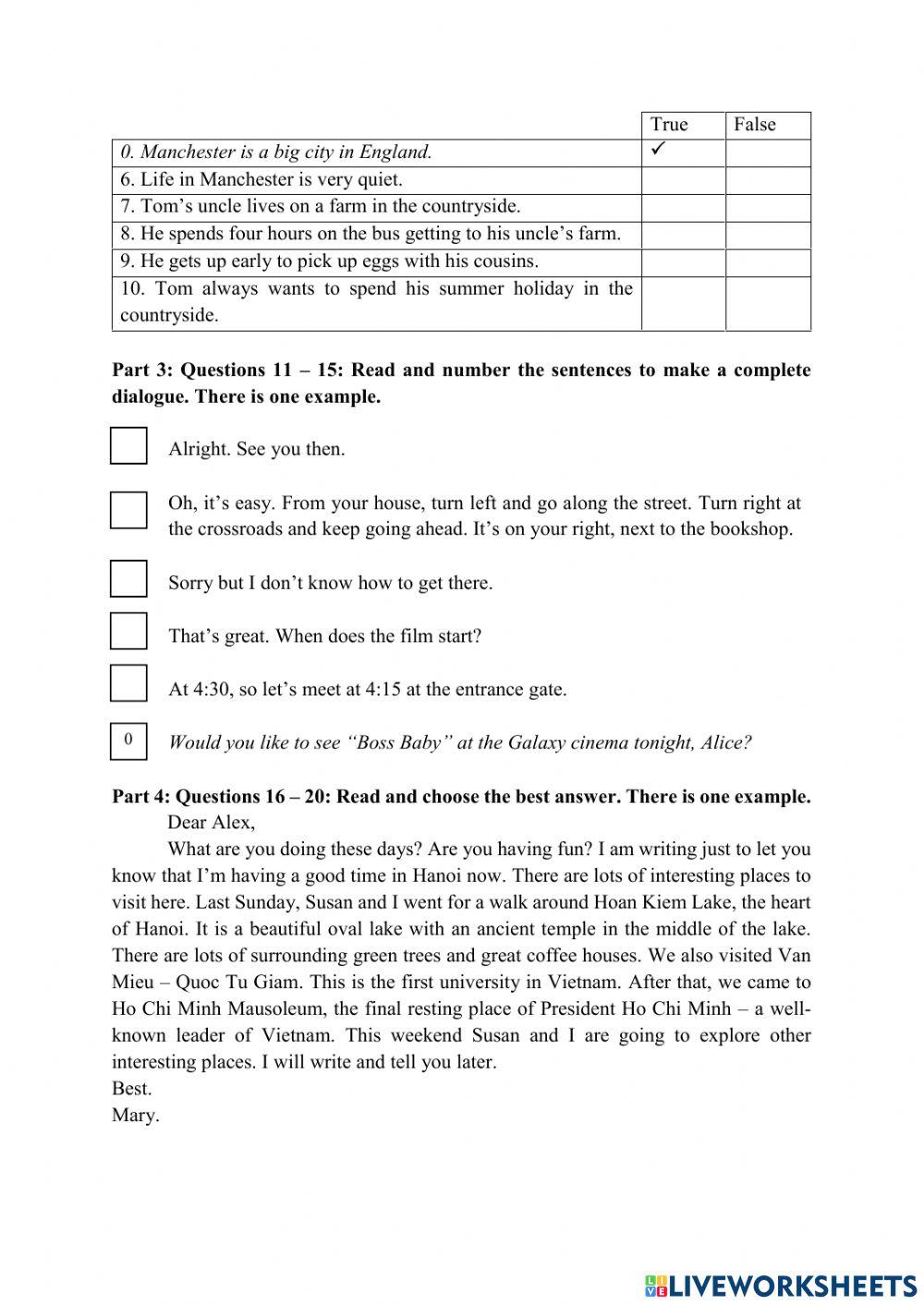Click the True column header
pyautogui.click(x=669, y=125)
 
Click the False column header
pyautogui.click(x=755, y=125)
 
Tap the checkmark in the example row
pyautogui.click(x=660, y=150)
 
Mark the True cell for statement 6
pyautogui.click(x=683, y=180)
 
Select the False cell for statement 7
pyautogui.click(x=768, y=207)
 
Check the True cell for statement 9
pyautogui.click(x=683, y=262)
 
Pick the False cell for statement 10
pyautogui.click(x=768, y=303)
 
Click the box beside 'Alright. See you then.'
pyautogui.click(x=128, y=445)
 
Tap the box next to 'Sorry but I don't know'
pyautogui.click(x=128, y=579)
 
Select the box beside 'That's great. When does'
pyautogui.click(x=128, y=632)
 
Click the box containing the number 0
pyautogui.click(x=128, y=740)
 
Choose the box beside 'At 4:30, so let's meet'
pyautogui.click(x=128, y=684)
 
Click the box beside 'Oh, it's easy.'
pyautogui.click(x=128, y=510)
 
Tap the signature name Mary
pyautogui.click(x=135, y=1115)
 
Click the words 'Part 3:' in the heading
pyautogui.click(x=141, y=370)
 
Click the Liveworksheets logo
pyautogui.click(x=781, y=1285)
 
